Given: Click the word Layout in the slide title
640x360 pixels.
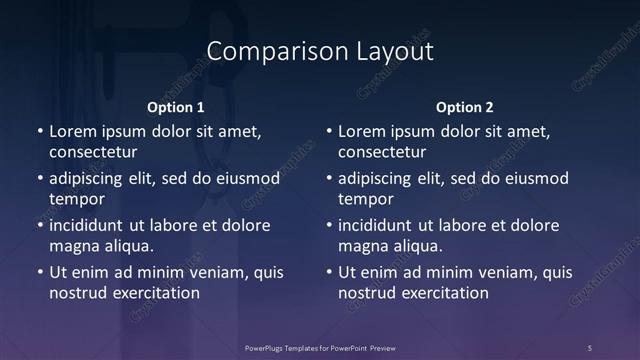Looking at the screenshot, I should pos(397,52).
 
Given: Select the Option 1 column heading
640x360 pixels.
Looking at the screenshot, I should pos(176,107).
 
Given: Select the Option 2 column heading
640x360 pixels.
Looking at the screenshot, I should pos(465,107).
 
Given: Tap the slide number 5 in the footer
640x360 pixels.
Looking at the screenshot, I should pos(589,347).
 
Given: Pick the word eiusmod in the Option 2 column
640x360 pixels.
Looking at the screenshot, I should pos(534,179).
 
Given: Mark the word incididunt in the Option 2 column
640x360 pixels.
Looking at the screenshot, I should pos(379,226).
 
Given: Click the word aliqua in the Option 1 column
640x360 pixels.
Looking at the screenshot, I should pos(127,246).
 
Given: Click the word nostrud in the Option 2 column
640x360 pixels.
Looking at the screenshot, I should pos(368,293).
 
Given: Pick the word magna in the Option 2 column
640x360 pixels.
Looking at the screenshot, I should pos(361,246).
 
